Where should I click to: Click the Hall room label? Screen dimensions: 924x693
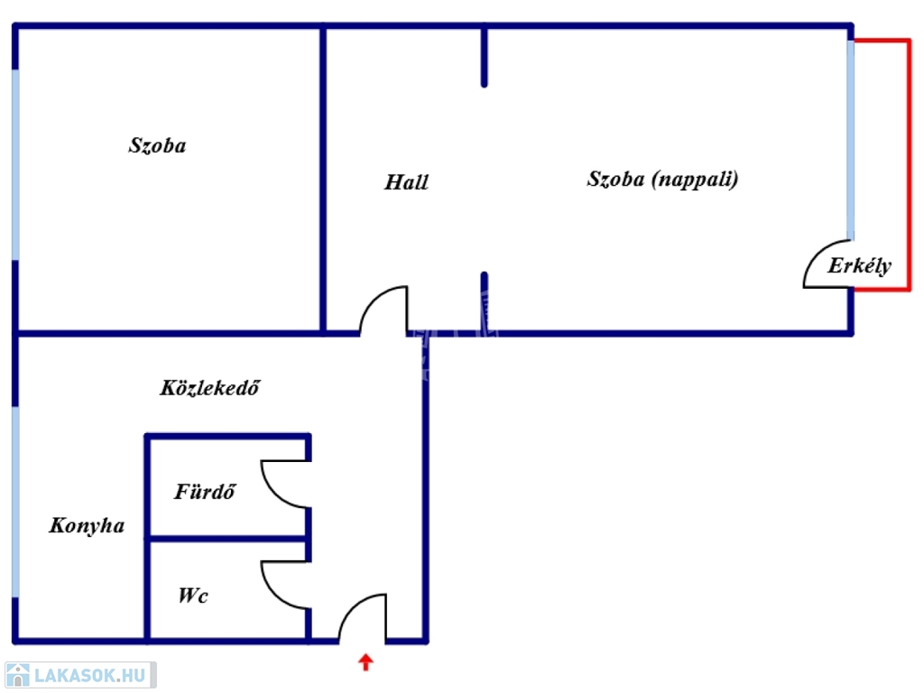pos(406,182)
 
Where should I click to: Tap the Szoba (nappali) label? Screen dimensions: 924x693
pos(662,180)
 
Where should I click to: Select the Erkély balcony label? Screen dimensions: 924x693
pos(859,266)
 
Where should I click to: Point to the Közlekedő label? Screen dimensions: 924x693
pos(209,387)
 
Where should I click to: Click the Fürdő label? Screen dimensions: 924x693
pos(205,491)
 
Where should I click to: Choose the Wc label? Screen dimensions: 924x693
pos(193,596)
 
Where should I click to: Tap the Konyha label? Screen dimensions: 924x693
pos(87,525)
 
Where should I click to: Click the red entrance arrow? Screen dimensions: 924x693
pos(365,661)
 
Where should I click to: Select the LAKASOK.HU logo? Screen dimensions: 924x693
pos(80,675)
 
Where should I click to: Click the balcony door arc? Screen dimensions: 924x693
pos(816,254)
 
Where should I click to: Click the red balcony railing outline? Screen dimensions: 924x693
pos(910,165)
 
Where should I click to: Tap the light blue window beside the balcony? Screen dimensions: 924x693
pos(850,140)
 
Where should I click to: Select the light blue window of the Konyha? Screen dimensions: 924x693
pos(15,502)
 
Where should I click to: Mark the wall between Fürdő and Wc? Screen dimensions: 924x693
pos(227,539)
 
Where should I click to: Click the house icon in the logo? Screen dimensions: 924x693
pos(18,675)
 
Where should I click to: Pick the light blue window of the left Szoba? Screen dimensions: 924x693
pos(15,164)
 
